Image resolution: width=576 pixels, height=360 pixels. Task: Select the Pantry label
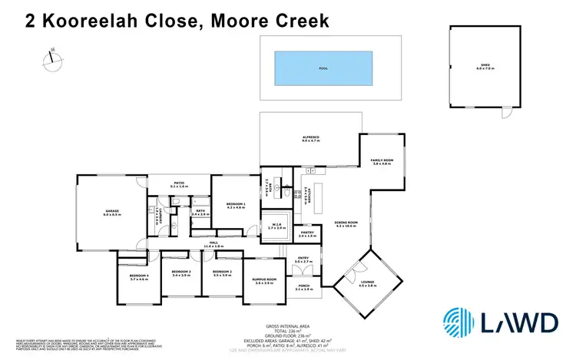[x=307, y=233]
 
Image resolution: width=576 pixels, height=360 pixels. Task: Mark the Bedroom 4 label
[x=138, y=276]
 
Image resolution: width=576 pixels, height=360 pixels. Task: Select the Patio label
[x=178, y=184]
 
